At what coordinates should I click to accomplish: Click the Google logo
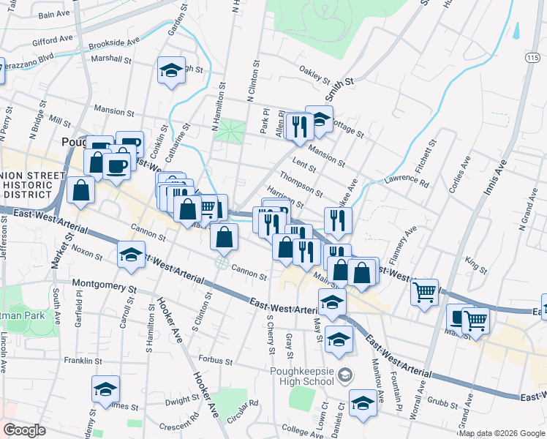coord(24,430)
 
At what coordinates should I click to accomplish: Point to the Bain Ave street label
coord(53,14)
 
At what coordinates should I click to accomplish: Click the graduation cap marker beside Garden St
coord(171,71)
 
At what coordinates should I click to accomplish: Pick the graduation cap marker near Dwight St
coord(106,388)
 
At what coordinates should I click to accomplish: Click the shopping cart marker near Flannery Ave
coord(424,293)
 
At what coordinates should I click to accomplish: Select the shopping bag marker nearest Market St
coord(81,190)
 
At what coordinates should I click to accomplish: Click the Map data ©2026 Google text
coord(502,433)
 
